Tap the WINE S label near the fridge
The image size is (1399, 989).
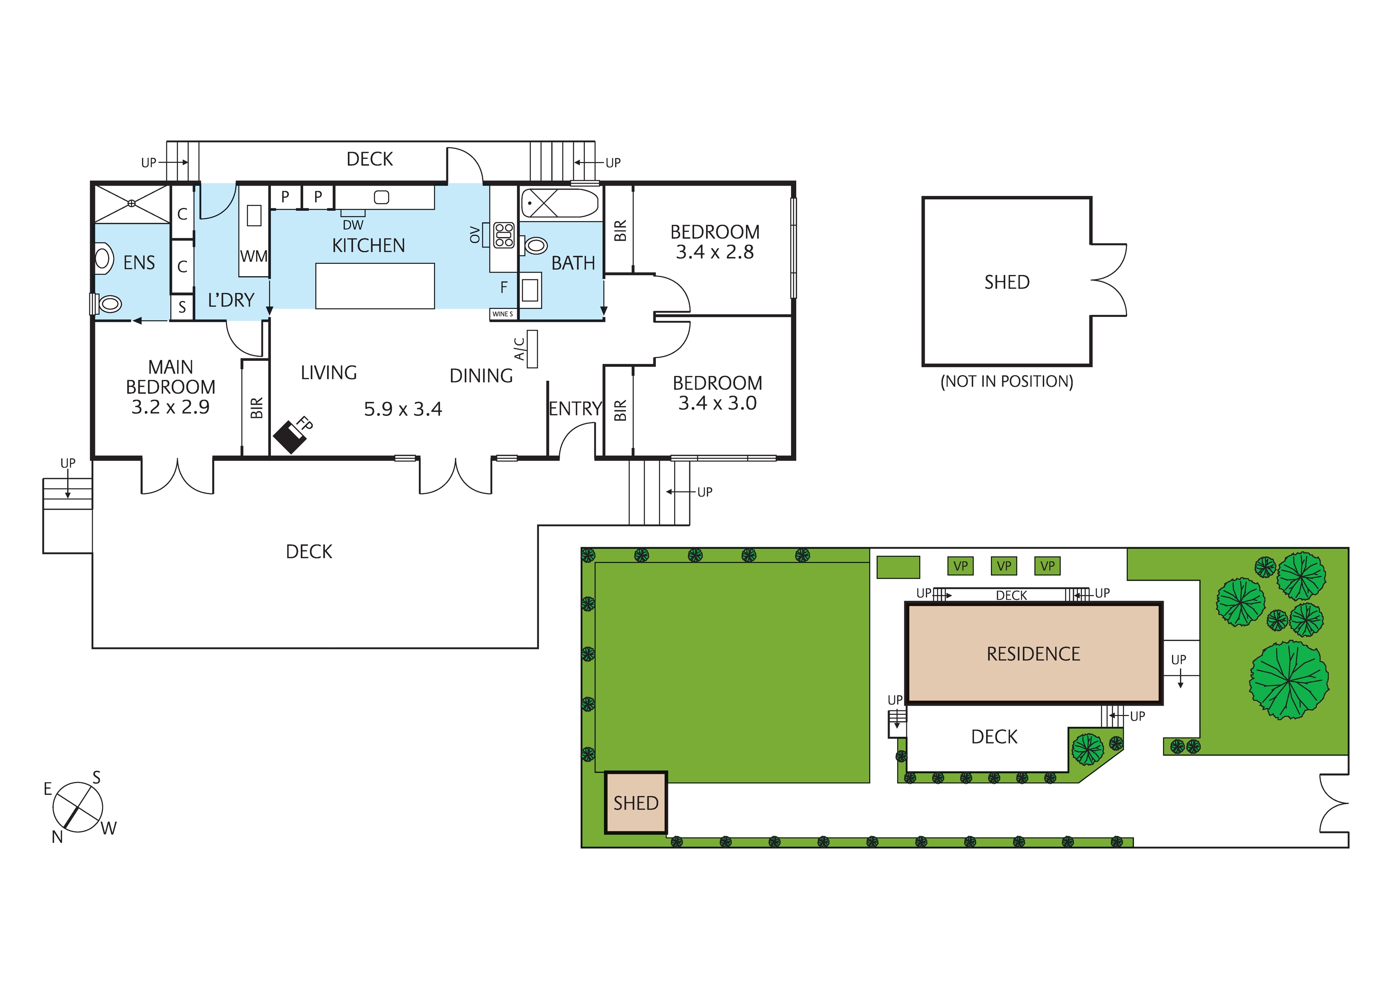(x=503, y=314)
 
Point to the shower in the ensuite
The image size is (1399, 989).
(x=132, y=204)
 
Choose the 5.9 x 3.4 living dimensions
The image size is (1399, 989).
(x=403, y=409)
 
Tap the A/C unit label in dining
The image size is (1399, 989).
(x=520, y=349)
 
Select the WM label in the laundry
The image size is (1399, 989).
(x=253, y=256)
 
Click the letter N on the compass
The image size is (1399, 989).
(x=57, y=837)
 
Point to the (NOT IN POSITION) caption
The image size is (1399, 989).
(x=1006, y=382)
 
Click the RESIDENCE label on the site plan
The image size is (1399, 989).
(x=1034, y=654)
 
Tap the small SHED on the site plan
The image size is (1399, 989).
(x=635, y=803)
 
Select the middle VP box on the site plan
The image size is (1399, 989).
(x=1004, y=566)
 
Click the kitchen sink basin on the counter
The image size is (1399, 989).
(x=381, y=197)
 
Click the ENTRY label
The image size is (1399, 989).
(x=574, y=409)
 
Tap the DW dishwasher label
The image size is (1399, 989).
(x=353, y=225)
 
